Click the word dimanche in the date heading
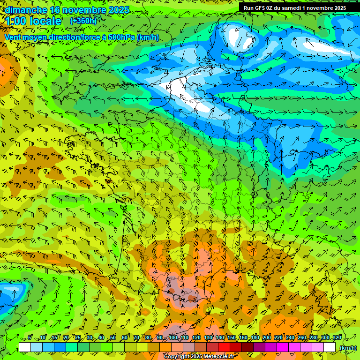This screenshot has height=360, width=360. [x=26, y=10]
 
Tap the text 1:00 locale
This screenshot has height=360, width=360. [x=33, y=21]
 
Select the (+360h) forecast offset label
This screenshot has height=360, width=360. [x=83, y=21]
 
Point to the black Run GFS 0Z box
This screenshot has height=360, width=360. [x=294, y=7]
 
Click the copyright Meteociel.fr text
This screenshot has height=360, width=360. [x=200, y=357]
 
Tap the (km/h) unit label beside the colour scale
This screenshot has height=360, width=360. [x=348, y=348]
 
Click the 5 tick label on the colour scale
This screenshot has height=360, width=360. [x=30, y=338]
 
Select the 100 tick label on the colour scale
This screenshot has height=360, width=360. [x=173, y=338]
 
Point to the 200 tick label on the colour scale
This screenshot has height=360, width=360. [x=267, y=338]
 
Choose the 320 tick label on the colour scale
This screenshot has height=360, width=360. [x=337, y=338]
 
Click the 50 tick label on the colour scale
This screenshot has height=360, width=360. [x=113, y=338]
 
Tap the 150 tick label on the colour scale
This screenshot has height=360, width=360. [x=232, y=338]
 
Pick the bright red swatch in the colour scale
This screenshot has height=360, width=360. [x=224, y=347]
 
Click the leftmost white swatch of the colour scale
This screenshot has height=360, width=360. [x=25, y=347]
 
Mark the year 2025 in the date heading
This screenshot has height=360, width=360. [x=118, y=10]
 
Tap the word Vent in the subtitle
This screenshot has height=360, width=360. [x=13, y=37]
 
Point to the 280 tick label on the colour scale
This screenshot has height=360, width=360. [x=314, y=338]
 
